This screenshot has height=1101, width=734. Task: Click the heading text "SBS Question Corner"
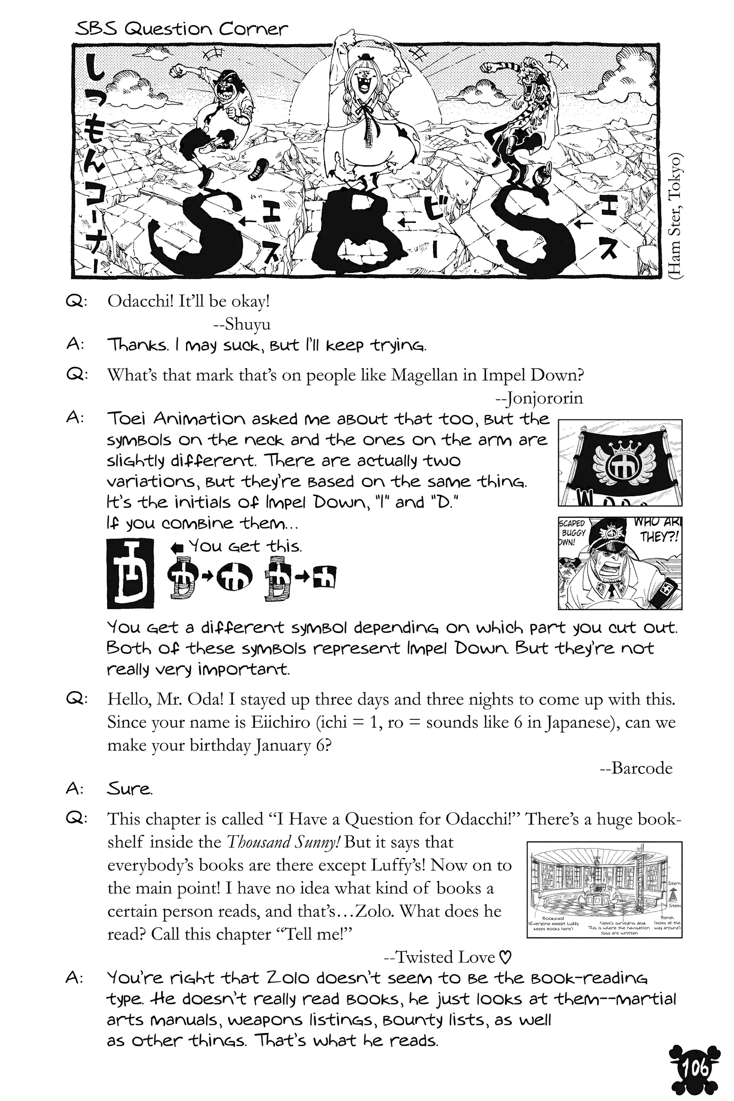[x=182, y=29]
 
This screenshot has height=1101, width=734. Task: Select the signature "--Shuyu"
[x=242, y=324]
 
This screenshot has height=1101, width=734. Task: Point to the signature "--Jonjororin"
[x=539, y=398]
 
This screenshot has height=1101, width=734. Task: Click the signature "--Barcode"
[x=636, y=768]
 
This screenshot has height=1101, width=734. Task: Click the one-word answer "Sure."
[x=130, y=789]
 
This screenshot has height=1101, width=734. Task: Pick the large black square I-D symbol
[x=130, y=573]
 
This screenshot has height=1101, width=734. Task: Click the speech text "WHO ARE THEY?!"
[x=657, y=529]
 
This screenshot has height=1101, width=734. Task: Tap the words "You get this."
[x=245, y=546]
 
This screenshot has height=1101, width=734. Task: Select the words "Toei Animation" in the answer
[x=176, y=419]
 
